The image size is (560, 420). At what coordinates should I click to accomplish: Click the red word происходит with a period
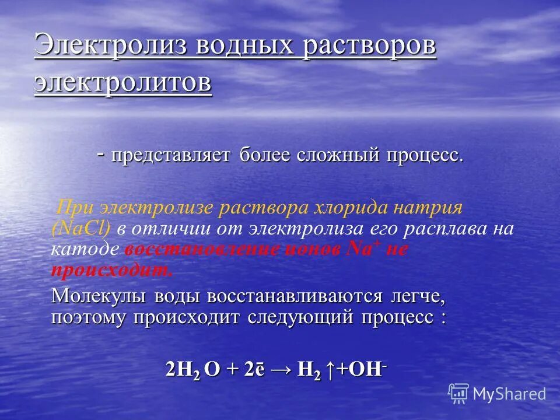113,270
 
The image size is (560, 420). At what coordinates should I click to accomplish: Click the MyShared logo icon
459,394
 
